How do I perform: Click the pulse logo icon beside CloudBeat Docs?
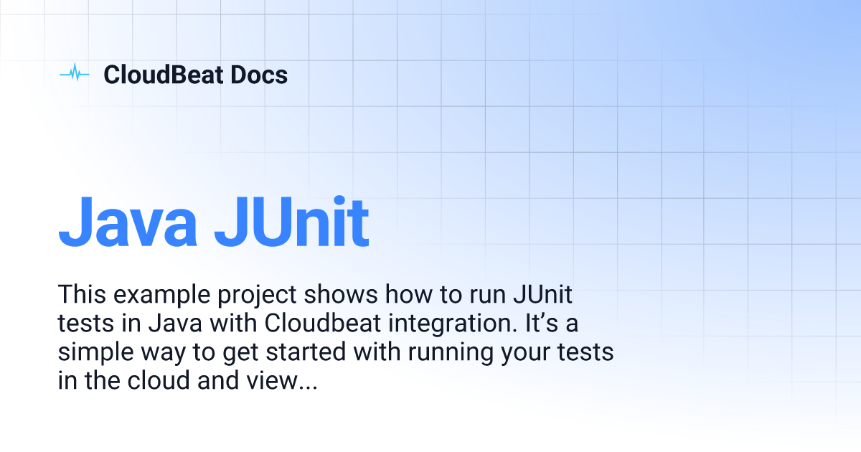point(74,74)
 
